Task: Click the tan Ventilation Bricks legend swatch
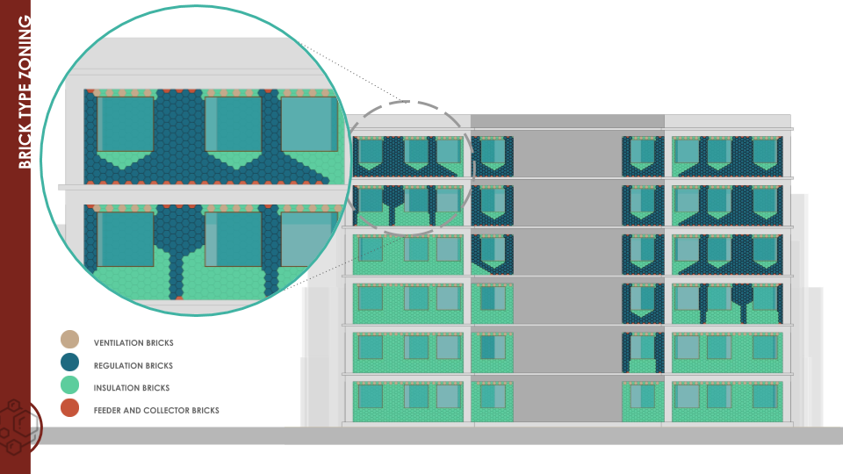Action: (x=69, y=340)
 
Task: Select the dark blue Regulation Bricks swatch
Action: (x=69, y=363)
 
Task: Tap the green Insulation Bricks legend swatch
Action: (x=69, y=385)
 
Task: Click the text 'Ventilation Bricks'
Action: (x=133, y=342)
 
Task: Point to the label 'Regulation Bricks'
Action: (x=133, y=365)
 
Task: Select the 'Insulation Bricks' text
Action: (x=132, y=387)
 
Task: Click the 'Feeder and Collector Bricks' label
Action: (x=156, y=410)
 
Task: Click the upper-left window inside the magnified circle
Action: (x=126, y=124)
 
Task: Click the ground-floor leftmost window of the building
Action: (x=370, y=397)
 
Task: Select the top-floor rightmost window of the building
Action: (x=765, y=152)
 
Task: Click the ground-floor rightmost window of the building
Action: (x=765, y=397)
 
